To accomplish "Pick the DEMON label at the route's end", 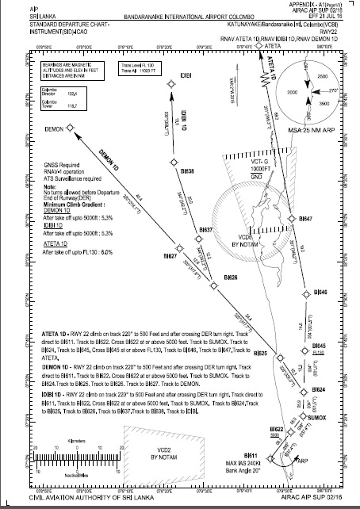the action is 54,129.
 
